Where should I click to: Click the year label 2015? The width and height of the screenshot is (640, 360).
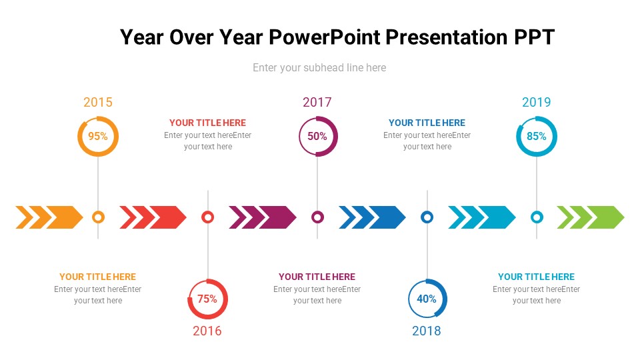pos(98,102)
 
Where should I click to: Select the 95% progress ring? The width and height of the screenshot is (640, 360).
pos(98,136)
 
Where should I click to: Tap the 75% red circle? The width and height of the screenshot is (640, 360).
pos(207,299)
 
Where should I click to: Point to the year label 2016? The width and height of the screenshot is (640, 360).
pos(207,331)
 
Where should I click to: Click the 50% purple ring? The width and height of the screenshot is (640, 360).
pos(318,136)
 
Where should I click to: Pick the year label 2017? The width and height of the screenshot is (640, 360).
pos(317,102)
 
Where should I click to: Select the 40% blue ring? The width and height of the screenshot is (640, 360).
pos(427,299)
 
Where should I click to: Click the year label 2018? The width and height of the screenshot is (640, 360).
pos(427,331)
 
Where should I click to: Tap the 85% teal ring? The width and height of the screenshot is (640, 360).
pos(537,136)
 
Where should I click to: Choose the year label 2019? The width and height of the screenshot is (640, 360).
pos(537,102)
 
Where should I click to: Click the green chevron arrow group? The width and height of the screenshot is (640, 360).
pos(591,217)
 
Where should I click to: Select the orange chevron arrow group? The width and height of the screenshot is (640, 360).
pos(49,217)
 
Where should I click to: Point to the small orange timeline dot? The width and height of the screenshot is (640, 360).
pos(98,217)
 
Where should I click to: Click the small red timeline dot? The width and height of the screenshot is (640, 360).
pos(207,217)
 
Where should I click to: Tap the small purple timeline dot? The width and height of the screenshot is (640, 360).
pos(318,217)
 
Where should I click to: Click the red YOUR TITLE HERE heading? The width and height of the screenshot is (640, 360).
pos(207,123)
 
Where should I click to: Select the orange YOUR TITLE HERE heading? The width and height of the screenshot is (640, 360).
pos(98,277)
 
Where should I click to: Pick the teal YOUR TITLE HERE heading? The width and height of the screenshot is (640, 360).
pos(537,277)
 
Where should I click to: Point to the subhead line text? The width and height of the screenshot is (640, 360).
pos(319,67)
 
